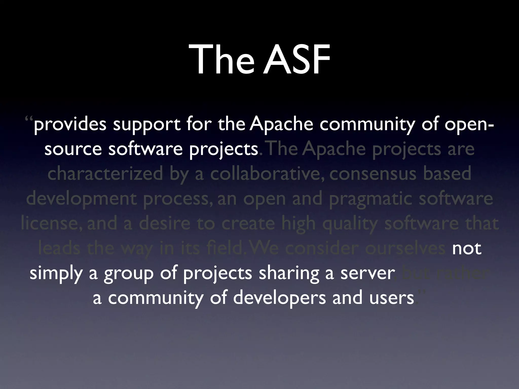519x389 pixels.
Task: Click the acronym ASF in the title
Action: click(x=296, y=60)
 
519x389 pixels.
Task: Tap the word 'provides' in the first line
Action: click(x=70, y=125)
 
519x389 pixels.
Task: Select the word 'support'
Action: click(x=146, y=125)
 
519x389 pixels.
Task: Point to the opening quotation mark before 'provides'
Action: click(x=29, y=120)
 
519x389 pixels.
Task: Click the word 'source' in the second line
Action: click(x=73, y=149)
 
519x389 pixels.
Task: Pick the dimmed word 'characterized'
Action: click(x=105, y=174)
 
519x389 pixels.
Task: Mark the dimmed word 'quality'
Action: click(x=351, y=224)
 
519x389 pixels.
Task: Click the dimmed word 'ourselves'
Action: click(x=405, y=249)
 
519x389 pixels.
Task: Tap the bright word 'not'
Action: click(x=467, y=249)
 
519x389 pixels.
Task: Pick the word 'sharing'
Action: click(x=289, y=274)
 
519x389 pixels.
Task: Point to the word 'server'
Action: click(x=367, y=274)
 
